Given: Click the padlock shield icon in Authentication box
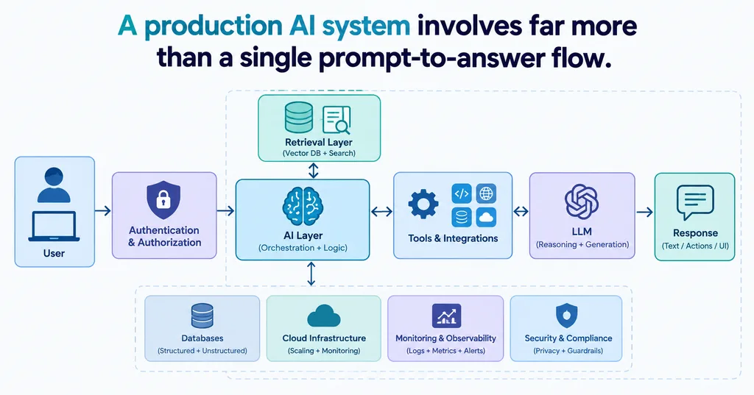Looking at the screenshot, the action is click(x=163, y=200).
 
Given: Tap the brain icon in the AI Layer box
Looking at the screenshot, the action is click(x=303, y=206).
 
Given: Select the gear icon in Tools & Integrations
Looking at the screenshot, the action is click(x=423, y=204).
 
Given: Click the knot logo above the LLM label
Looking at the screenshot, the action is click(x=582, y=202).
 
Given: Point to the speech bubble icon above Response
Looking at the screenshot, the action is click(x=695, y=202).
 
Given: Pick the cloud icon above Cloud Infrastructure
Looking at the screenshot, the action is click(x=324, y=316).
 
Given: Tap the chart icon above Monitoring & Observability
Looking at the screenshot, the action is click(x=446, y=316).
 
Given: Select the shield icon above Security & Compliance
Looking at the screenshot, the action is click(x=566, y=316).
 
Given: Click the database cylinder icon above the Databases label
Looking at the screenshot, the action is click(x=202, y=316).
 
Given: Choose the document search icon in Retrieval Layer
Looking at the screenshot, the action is click(x=337, y=120).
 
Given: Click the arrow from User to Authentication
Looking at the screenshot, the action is click(x=103, y=210).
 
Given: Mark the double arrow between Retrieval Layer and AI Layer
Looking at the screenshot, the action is click(x=314, y=171).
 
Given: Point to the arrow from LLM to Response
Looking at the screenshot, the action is click(x=645, y=211).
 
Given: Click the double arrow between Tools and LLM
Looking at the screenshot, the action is click(x=521, y=211).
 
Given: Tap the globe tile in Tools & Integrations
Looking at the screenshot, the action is click(x=486, y=193).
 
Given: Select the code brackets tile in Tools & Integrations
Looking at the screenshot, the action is click(x=462, y=193).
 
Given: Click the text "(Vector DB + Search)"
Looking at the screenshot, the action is click(x=319, y=153).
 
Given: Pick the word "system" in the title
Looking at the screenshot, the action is click(x=366, y=26).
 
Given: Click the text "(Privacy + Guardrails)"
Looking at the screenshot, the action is click(x=568, y=351).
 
